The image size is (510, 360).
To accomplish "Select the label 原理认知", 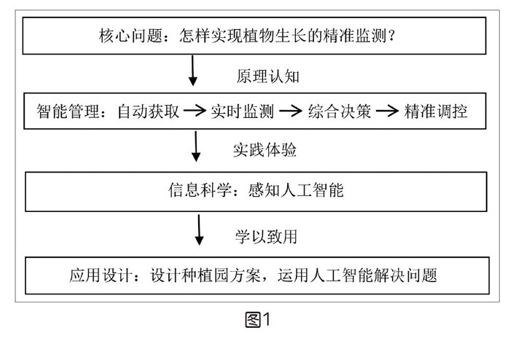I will click(x=265, y=76).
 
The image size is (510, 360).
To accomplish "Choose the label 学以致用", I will click(x=264, y=236).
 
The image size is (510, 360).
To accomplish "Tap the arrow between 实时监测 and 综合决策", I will click(x=290, y=112).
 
